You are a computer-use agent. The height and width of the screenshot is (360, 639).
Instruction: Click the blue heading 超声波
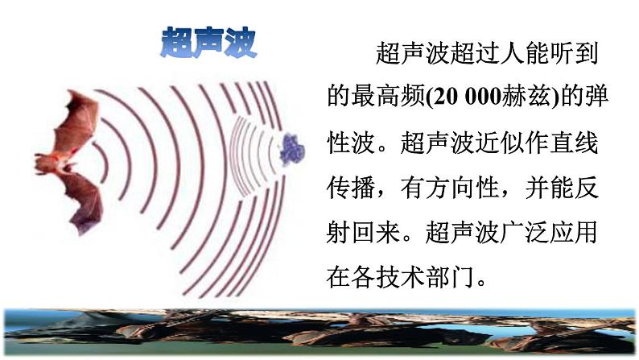coord(208,42)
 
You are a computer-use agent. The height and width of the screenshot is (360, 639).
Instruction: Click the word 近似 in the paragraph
coord(509,145)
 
